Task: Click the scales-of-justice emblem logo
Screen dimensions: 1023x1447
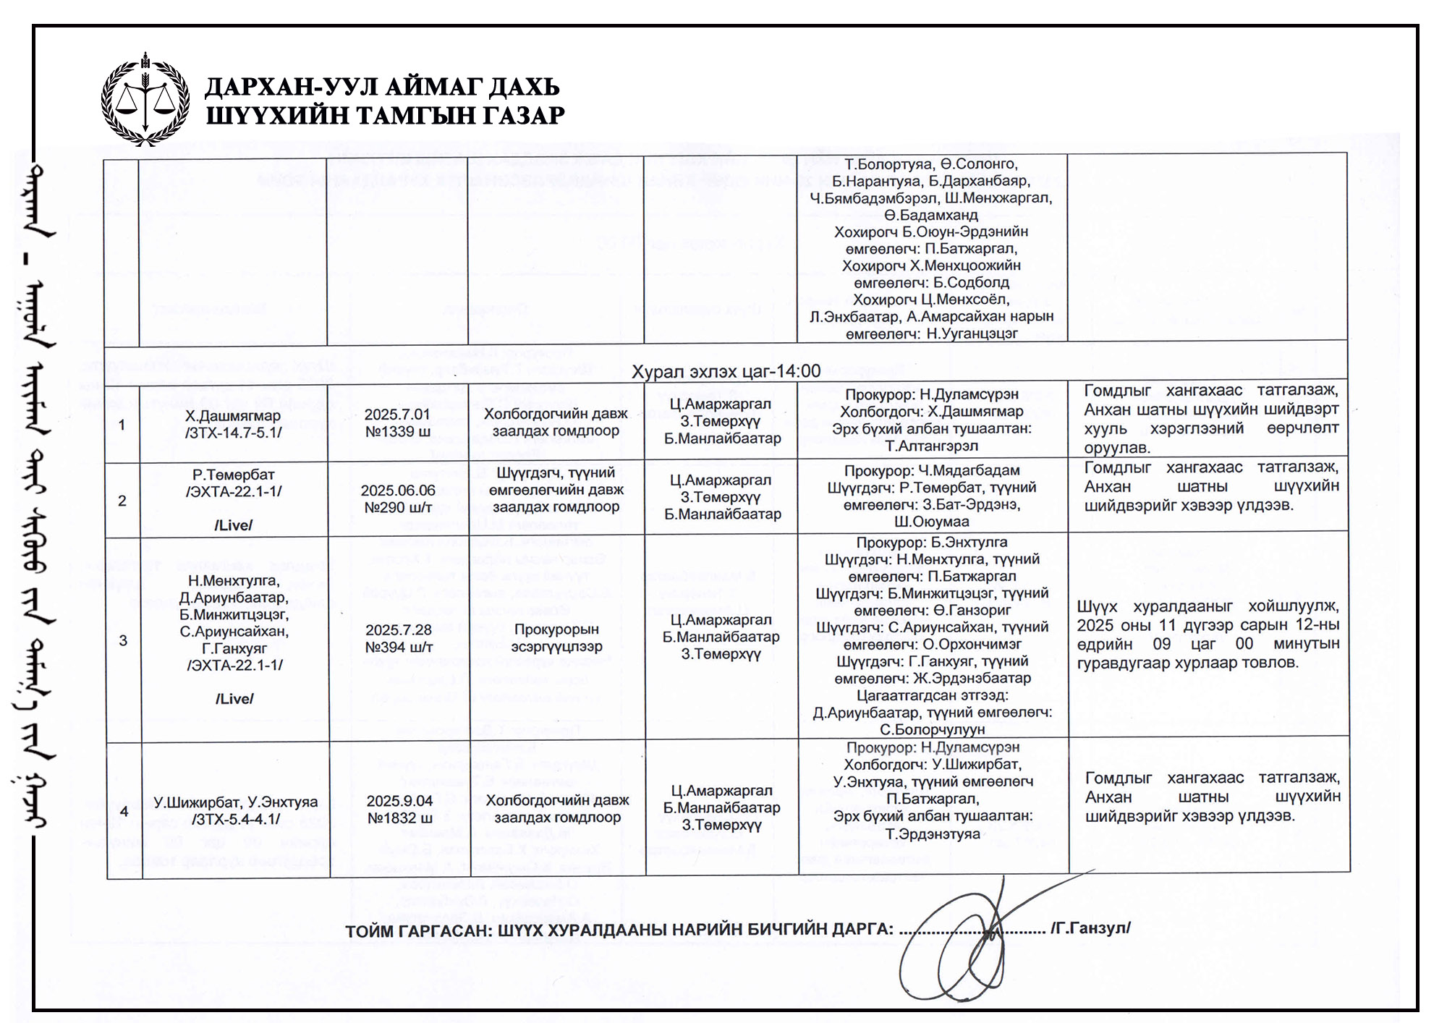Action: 145,99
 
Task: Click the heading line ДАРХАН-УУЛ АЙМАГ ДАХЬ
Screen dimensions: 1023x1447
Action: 382,87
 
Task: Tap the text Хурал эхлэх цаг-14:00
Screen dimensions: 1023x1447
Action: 726,372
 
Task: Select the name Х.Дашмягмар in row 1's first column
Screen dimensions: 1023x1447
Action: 232,416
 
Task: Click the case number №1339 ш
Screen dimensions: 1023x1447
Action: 398,432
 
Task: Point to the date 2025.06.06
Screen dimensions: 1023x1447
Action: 398,491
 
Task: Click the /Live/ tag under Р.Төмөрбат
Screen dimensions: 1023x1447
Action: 233,525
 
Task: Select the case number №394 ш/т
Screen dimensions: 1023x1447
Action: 399,647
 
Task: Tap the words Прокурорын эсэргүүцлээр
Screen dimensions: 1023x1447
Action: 556,638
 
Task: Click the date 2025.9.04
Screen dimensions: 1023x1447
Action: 399,801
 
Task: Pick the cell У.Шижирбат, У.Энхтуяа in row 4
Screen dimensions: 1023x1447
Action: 235,802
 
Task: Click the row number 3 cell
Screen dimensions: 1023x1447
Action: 123,640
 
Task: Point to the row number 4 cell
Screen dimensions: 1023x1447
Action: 124,811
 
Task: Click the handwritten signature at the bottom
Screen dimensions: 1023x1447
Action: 969,933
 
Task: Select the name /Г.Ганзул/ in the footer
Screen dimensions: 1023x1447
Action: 1090,928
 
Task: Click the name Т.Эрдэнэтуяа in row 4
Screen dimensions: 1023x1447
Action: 933,833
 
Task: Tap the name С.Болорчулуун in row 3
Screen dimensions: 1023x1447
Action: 932,730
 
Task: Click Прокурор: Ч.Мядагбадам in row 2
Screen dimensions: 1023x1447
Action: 932,470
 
